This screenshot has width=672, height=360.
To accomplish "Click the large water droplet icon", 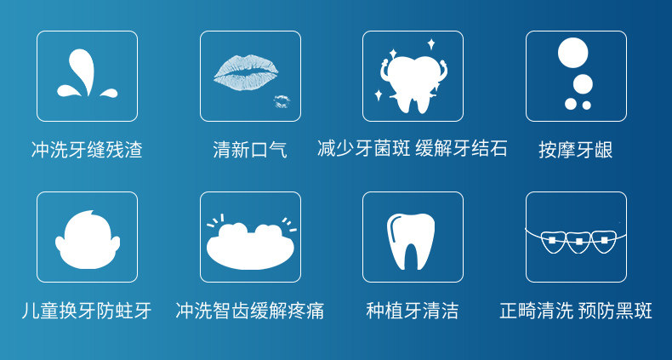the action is tap(83, 71).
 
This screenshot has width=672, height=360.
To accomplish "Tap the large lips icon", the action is tap(246, 72).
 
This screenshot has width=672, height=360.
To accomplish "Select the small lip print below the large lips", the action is tap(282, 101).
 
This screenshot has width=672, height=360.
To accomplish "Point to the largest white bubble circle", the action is tap(572, 53).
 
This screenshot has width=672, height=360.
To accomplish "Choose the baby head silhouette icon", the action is tap(88, 239).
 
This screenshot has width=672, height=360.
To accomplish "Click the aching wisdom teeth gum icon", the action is tap(250, 245).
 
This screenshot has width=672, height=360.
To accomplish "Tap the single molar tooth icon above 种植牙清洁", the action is tap(411, 242).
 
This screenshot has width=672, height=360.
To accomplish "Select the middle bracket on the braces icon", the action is tap(579, 242).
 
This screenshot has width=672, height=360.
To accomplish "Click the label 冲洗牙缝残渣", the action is tap(87, 150).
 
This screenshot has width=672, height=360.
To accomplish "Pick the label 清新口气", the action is tap(250, 150).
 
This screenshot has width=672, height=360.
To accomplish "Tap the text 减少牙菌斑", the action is tap(363, 149).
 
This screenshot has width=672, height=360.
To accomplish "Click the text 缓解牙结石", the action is tap(461, 149).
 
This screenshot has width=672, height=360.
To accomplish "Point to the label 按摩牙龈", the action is tap(576, 150).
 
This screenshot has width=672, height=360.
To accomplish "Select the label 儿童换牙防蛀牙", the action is tap(87, 311).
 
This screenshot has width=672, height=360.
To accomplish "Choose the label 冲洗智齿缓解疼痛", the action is tap(250, 311).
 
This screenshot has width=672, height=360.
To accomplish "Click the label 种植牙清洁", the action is tap(413, 311).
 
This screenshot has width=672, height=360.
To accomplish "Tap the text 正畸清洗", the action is tap(536, 311).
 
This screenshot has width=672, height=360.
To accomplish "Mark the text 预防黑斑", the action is tap(615, 311).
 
